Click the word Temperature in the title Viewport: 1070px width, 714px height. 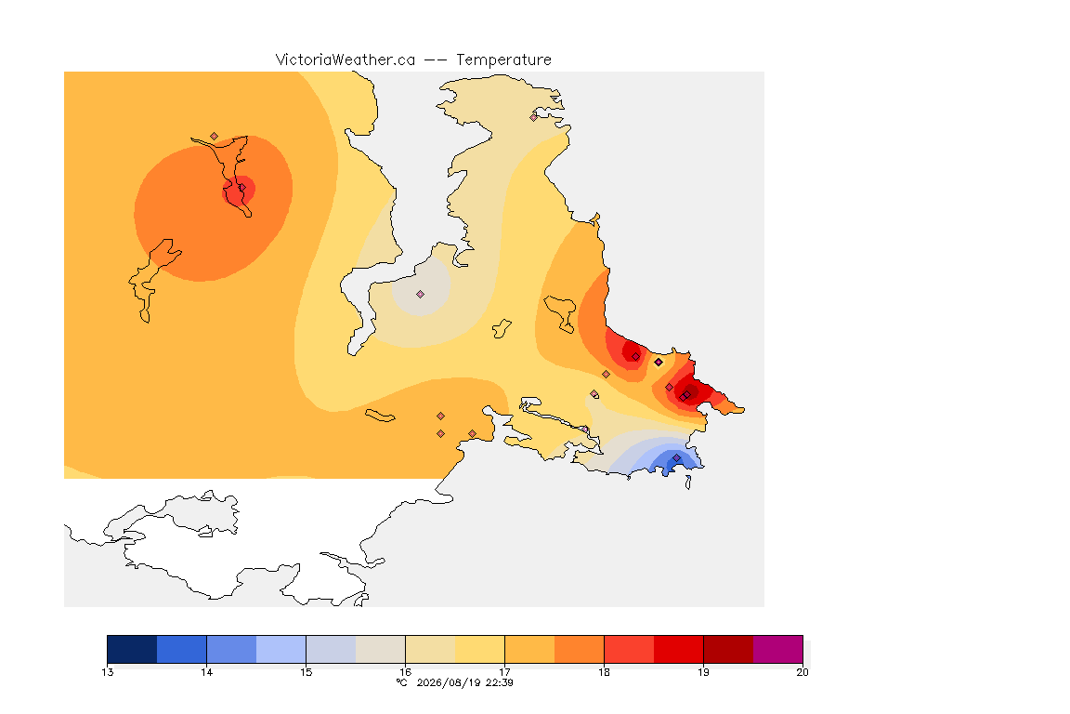tap(503, 60)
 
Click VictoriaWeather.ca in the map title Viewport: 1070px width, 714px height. tap(346, 60)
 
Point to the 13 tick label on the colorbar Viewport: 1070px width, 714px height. tap(107, 672)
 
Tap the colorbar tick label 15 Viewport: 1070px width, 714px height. tap(306, 672)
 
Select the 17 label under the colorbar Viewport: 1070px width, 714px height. tap(504, 672)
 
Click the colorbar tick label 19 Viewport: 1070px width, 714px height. tap(703, 672)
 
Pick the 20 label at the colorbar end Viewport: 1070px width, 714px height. tap(802, 672)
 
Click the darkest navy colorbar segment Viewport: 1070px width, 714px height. tap(132, 649)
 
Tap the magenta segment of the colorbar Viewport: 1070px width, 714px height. tap(778, 649)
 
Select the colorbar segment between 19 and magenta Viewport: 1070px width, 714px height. tap(728, 649)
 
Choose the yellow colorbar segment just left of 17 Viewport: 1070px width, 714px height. tap(479, 649)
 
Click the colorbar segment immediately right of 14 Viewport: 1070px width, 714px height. tap(231, 649)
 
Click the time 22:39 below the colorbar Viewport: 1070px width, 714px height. tap(500, 682)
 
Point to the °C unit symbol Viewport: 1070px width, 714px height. tap(402, 682)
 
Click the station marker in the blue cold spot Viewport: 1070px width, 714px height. tap(676, 457)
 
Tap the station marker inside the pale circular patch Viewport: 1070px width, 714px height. tap(421, 295)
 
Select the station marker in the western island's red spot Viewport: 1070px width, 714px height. tap(241, 188)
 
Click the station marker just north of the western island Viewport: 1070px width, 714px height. tap(215, 137)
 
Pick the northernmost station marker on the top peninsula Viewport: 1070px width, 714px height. tap(534, 117)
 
